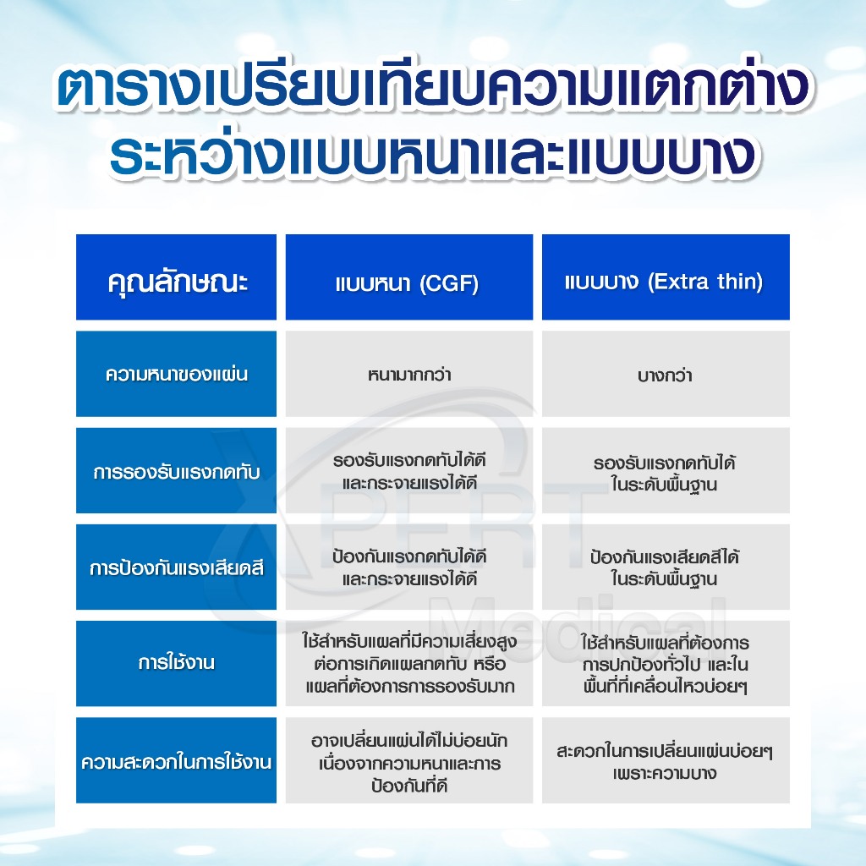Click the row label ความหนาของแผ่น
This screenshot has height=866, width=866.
tap(177, 374)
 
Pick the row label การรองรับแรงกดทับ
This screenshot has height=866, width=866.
tap(177, 471)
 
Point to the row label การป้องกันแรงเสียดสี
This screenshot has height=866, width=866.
tap(177, 567)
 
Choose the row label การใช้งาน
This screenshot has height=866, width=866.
tap(177, 663)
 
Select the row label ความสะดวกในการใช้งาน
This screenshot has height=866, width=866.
tap(177, 761)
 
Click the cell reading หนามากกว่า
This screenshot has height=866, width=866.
tap(408, 374)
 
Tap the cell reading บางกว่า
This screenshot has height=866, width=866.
tap(665, 374)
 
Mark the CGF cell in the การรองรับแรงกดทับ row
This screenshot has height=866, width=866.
tap(408, 471)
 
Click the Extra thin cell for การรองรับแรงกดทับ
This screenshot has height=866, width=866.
tap(665, 471)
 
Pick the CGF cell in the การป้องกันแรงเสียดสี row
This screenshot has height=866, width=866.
tap(408, 567)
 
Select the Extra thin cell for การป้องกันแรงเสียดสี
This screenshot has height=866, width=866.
tap(665, 567)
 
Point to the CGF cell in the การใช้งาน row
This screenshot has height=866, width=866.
tap(408, 663)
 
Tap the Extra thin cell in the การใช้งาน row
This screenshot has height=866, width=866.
tap(665, 663)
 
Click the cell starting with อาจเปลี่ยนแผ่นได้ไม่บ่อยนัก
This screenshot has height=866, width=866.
tap(408, 761)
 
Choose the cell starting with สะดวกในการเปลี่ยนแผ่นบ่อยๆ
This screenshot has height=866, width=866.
tap(665, 761)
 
